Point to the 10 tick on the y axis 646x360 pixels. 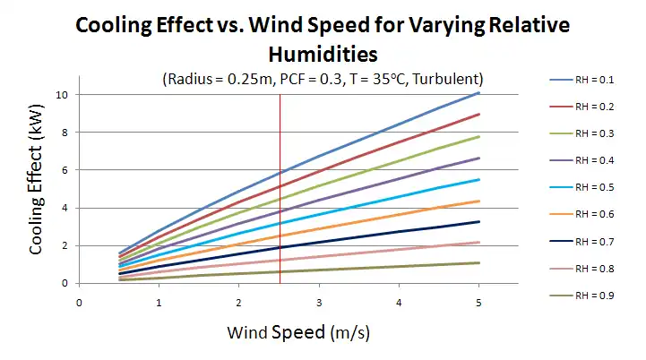tap(61, 94)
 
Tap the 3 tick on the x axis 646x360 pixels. tap(320, 302)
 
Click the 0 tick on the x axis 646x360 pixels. tap(80, 302)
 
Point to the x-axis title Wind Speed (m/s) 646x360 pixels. tap(298, 332)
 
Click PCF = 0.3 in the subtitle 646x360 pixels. tap(305, 78)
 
